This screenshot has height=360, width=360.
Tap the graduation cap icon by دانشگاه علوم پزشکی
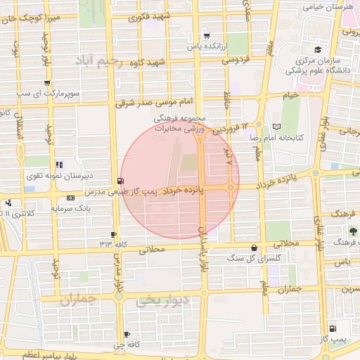pyautogui.click(x=318, y=49)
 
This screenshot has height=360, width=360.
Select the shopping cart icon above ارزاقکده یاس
pyautogui.click(x=206, y=35)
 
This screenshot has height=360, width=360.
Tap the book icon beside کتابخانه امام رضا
pyautogui.click(x=275, y=127)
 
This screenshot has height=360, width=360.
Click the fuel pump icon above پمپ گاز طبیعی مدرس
pyautogui.click(x=124, y=181)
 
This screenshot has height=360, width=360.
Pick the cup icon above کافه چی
pyautogui.click(x=127, y=334)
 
